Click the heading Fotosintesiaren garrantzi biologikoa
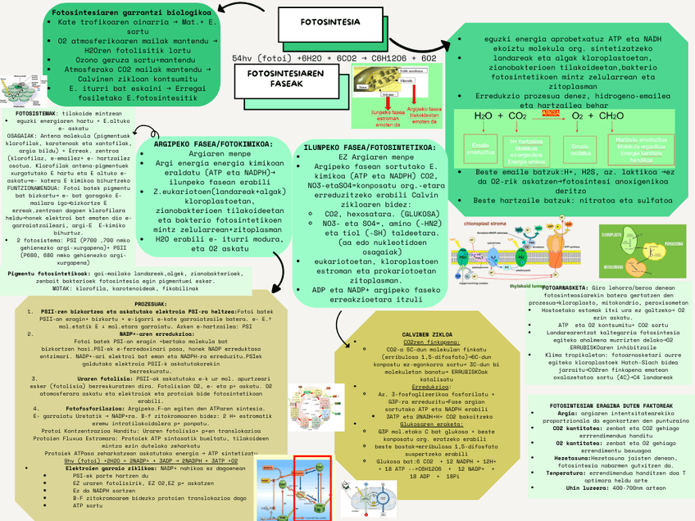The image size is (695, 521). [131, 13]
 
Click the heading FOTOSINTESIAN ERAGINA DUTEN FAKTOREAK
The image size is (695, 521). [606, 405]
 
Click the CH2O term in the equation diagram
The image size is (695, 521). [610, 116]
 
